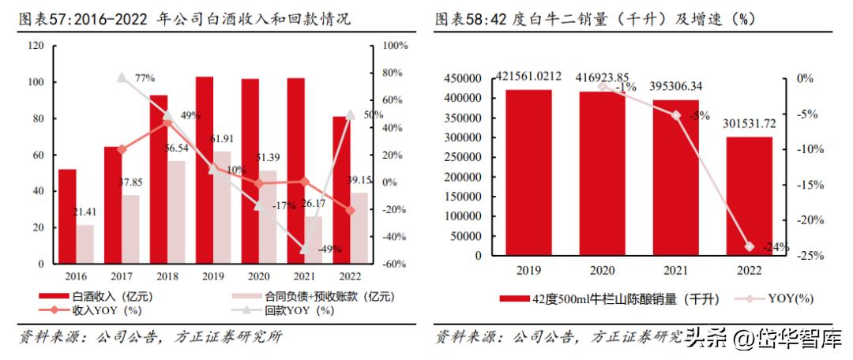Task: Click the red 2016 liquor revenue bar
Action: tap(67, 216)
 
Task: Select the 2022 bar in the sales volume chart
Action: tap(749, 196)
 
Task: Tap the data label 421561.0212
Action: tap(529, 76)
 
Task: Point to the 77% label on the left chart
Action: tap(145, 78)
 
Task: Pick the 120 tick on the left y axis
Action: tap(36, 46)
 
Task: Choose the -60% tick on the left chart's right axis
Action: tap(393, 264)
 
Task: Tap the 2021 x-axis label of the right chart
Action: tap(675, 271)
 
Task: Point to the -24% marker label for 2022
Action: tap(776, 247)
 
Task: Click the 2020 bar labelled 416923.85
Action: tap(602, 173)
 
